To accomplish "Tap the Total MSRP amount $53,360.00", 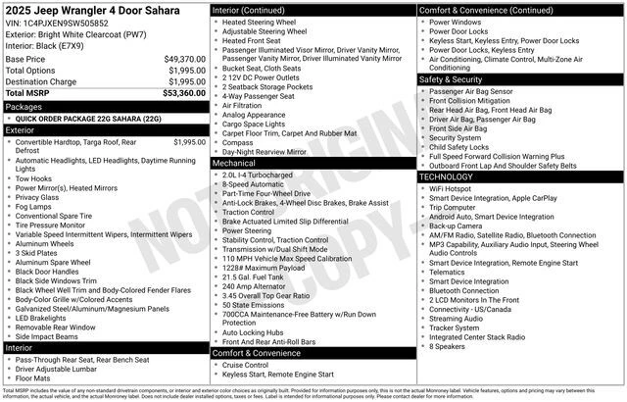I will [x=184, y=93].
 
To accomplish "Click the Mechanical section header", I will [x=238, y=163].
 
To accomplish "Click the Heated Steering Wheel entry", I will [x=259, y=22].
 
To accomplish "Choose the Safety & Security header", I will [x=450, y=78].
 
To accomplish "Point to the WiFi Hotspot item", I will [x=452, y=188].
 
